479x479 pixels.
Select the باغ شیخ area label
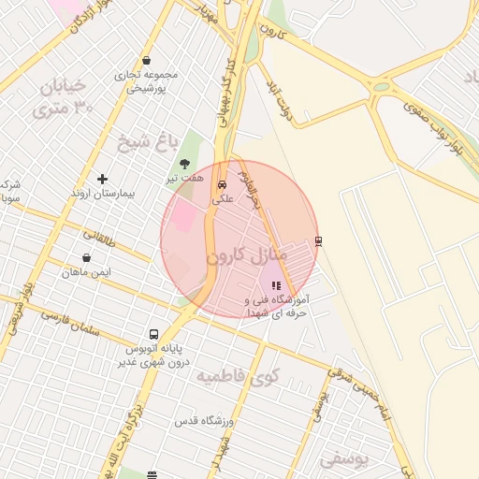pyautogui.click(x=147, y=142)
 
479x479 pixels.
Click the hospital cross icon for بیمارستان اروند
pyautogui.click(x=102, y=179)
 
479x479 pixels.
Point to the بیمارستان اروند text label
pyautogui.click(x=104, y=194)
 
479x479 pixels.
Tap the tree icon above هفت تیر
pyautogui.click(x=184, y=164)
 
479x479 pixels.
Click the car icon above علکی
pyautogui.click(x=222, y=185)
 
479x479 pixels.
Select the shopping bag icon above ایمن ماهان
pyautogui.click(x=87, y=257)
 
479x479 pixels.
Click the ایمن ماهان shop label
pyautogui.click(x=87, y=272)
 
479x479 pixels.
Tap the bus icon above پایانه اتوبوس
pyautogui.click(x=153, y=334)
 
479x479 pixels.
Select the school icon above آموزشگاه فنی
pyautogui.click(x=275, y=285)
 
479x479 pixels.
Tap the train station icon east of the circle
pyautogui.click(x=318, y=240)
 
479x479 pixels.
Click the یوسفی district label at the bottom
pyautogui.click(x=343, y=459)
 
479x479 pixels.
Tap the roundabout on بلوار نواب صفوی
pyautogui.click(x=381, y=88)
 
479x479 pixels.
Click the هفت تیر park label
pyautogui.click(x=184, y=178)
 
